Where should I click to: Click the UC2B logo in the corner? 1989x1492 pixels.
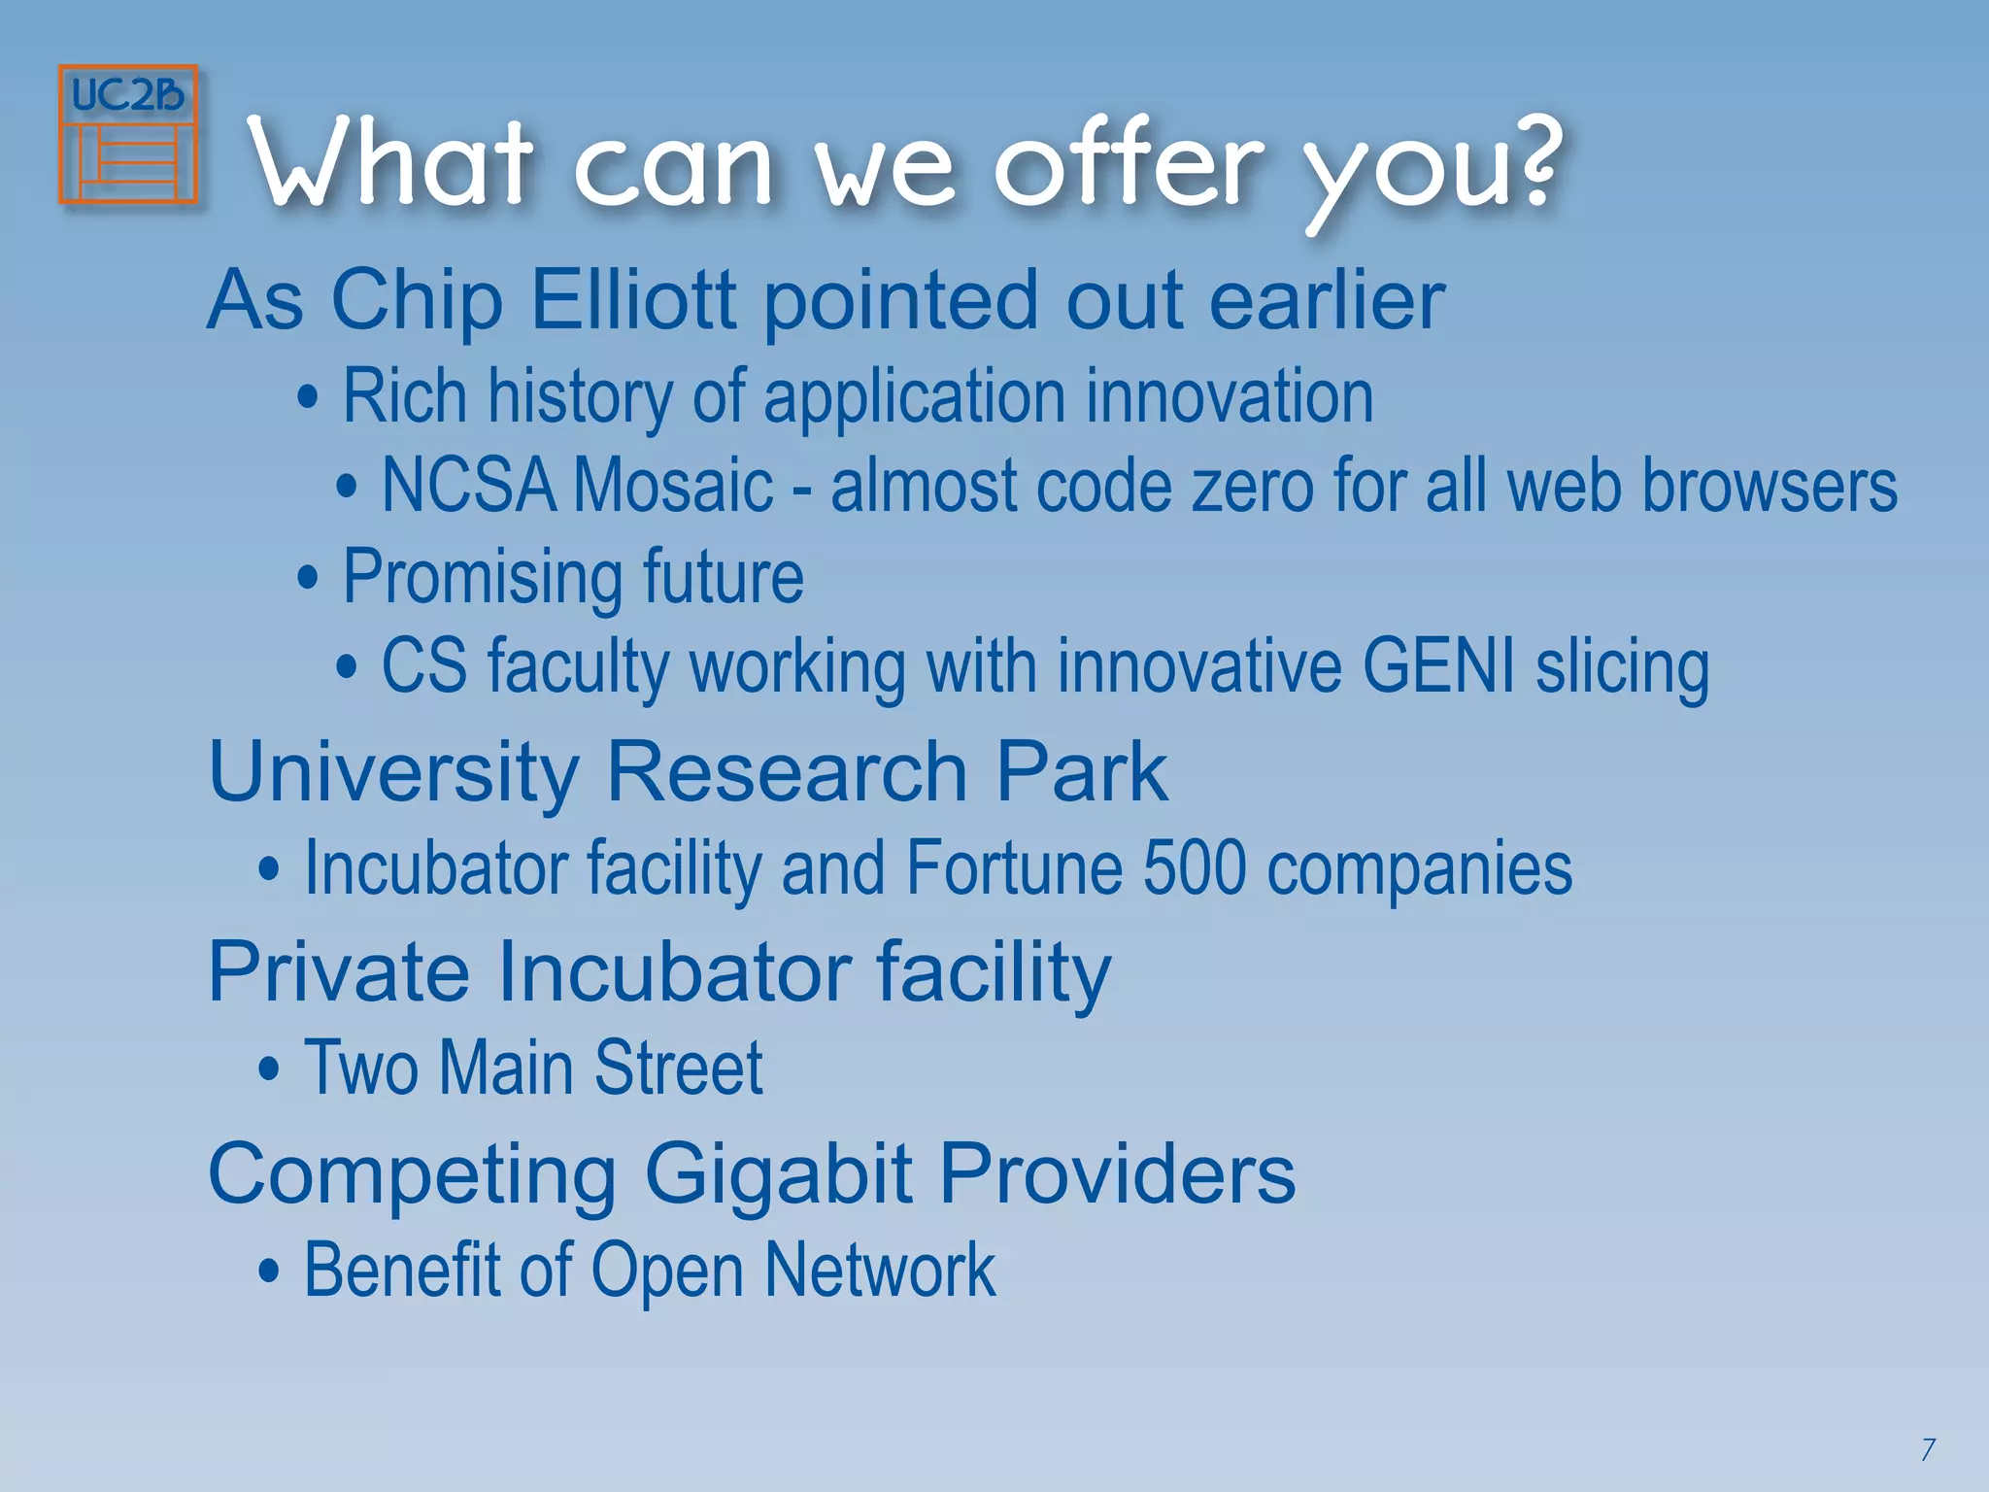point(128,134)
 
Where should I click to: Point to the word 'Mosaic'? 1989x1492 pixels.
point(673,486)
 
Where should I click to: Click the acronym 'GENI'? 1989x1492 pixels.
point(1438,666)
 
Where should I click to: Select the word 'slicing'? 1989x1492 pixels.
point(1623,668)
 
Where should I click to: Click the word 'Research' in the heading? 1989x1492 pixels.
point(787,772)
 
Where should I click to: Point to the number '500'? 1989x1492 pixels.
point(1195,867)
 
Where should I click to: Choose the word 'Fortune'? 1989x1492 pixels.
point(1014,867)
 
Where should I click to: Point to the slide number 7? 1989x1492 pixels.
point(1928,1449)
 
